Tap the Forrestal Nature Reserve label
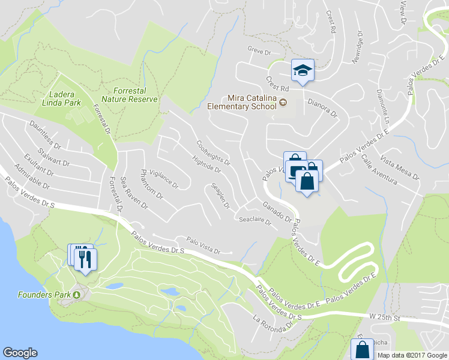coord(129,95)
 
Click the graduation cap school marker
coord(302,71)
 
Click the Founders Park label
coord(44,295)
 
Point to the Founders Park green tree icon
coord(77,295)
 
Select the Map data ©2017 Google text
coord(412,355)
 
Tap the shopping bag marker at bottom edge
coord(362,349)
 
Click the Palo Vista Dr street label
coord(203,245)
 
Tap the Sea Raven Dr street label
coord(133,193)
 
